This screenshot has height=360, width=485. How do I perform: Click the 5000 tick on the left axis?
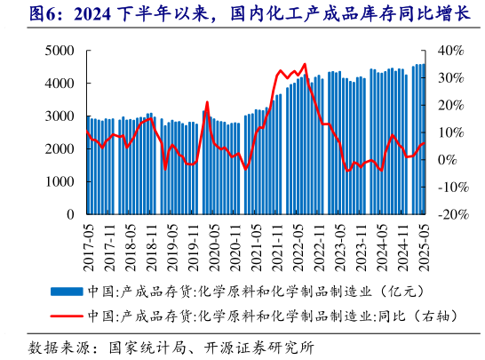[60, 52]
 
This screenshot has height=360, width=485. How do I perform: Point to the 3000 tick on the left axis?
[60, 116]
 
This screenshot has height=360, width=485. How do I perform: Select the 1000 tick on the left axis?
[60, 182]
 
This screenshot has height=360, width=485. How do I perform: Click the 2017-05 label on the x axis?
[88, 242]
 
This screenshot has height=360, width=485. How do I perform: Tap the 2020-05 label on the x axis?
[214, 242]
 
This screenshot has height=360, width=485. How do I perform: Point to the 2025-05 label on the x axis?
[424, 242]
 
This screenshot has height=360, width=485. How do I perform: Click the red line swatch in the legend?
[68, 316]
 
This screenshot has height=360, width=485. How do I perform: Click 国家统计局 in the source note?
[143, 347]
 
